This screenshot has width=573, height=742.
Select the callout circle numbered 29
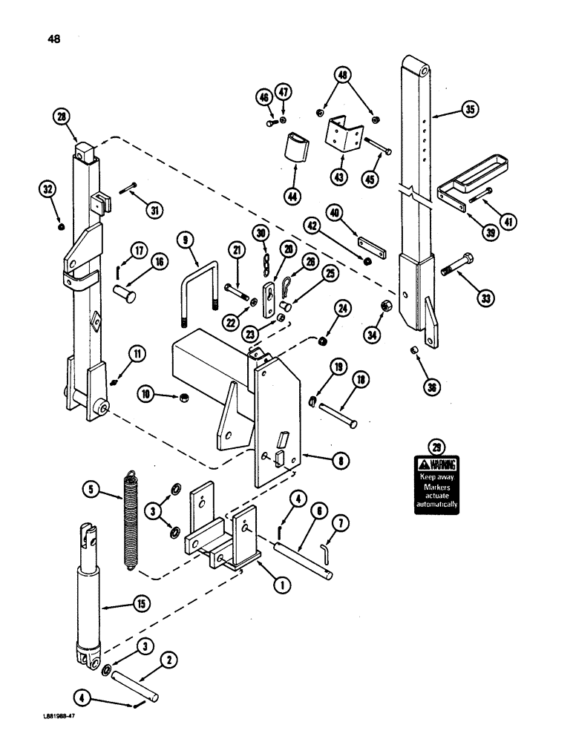coord(436,447)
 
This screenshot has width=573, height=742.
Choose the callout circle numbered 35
coord(469,110)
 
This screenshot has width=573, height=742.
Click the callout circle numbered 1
coord(281,584)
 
